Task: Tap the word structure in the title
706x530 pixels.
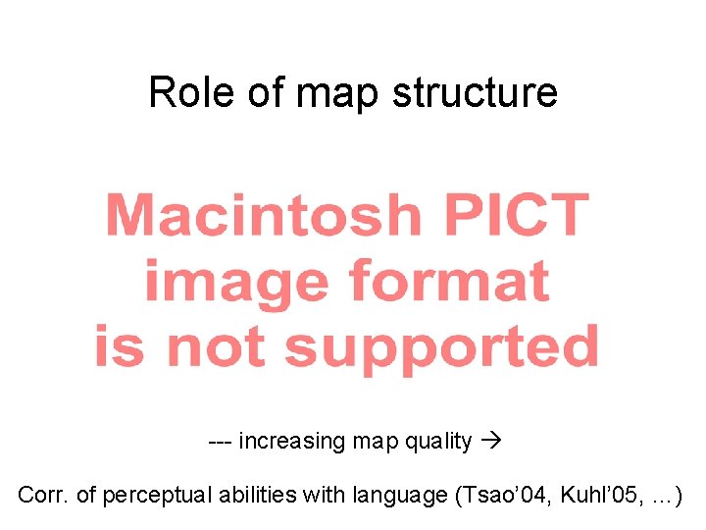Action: coord(475,93)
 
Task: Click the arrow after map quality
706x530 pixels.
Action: coord(491,442)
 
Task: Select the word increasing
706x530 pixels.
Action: coord(291,442)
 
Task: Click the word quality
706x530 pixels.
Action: coord(439,442)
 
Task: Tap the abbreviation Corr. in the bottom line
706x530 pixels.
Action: coord(42,496)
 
